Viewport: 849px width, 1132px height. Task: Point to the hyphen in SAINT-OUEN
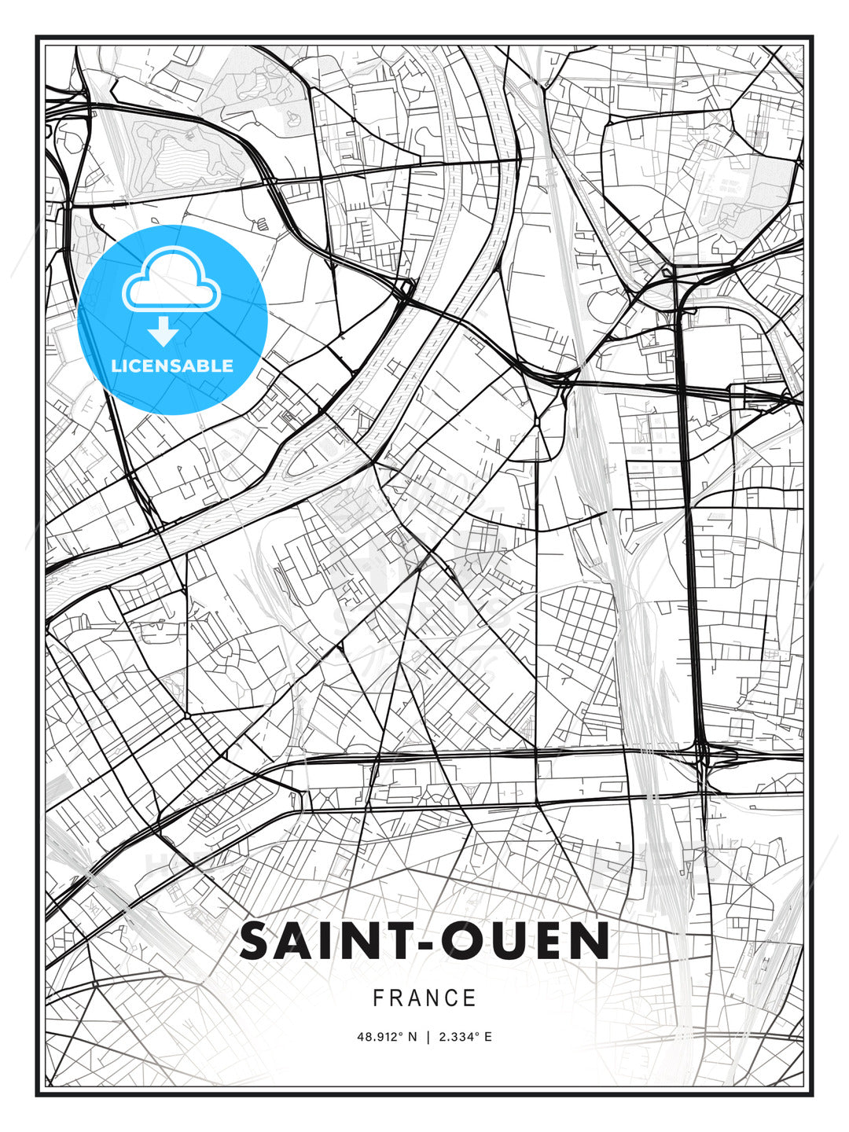click(421, 944)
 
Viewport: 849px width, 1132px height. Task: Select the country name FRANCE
click(424, 998)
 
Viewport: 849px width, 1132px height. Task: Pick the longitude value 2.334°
click(458, 1037)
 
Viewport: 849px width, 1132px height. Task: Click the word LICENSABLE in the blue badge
click(172, 366)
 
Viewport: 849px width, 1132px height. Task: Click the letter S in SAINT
click(255, 941)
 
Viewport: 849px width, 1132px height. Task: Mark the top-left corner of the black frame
click(37, 37)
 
